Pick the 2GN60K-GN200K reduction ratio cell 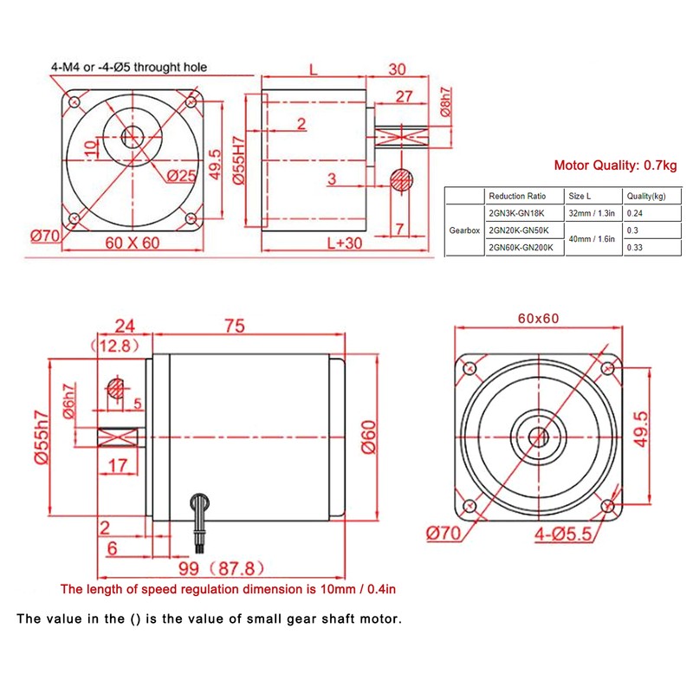[x=520, y=248]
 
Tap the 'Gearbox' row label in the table [x=463, y=231]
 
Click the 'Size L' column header [x=590, y=196]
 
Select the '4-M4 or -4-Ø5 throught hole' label [x=127, y=67]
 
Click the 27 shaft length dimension [x=403, y=97]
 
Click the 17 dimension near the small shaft [x=115, y=466]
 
